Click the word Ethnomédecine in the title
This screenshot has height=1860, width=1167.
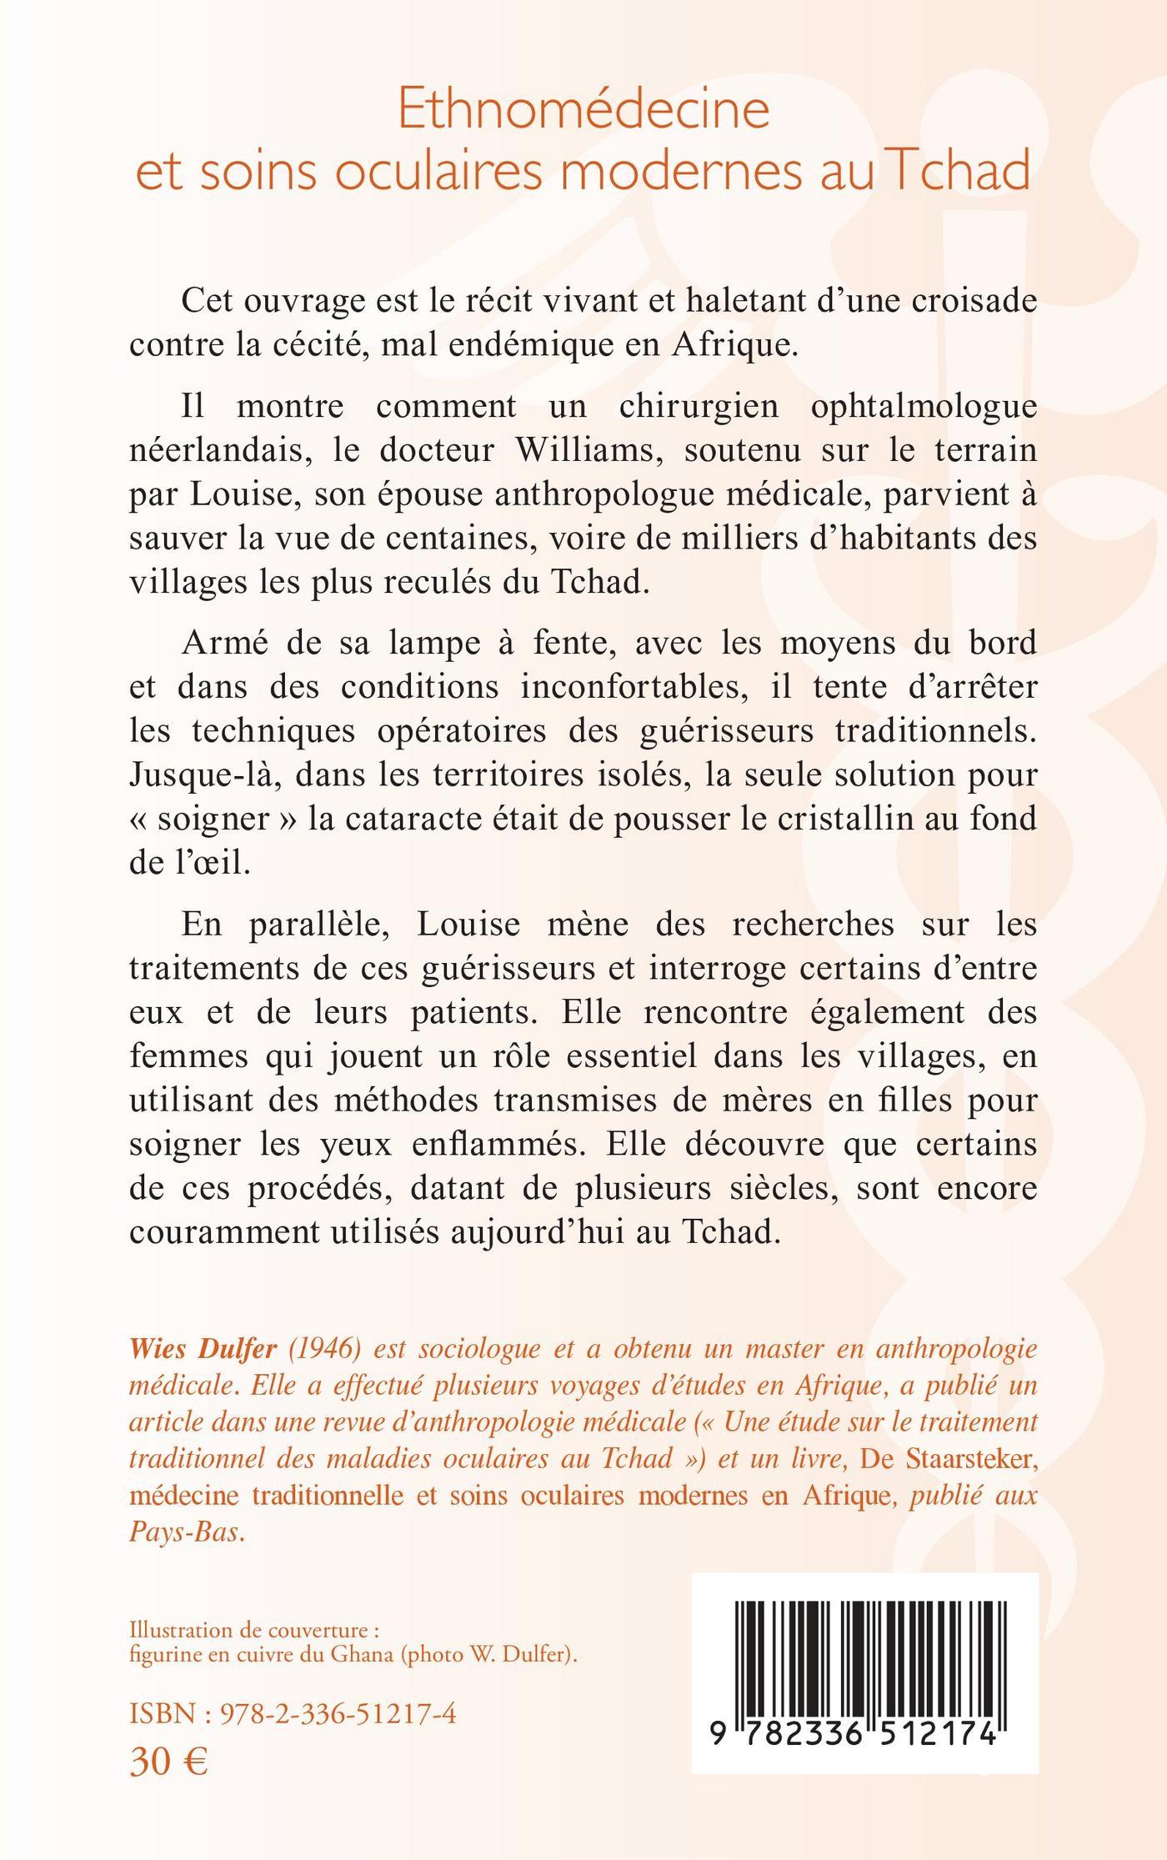(x=583, y=110)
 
